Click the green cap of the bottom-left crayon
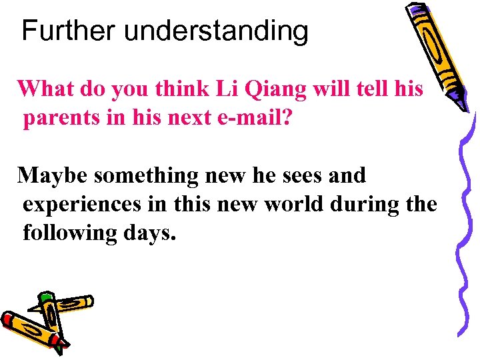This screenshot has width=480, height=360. click(x=46, y=297)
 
